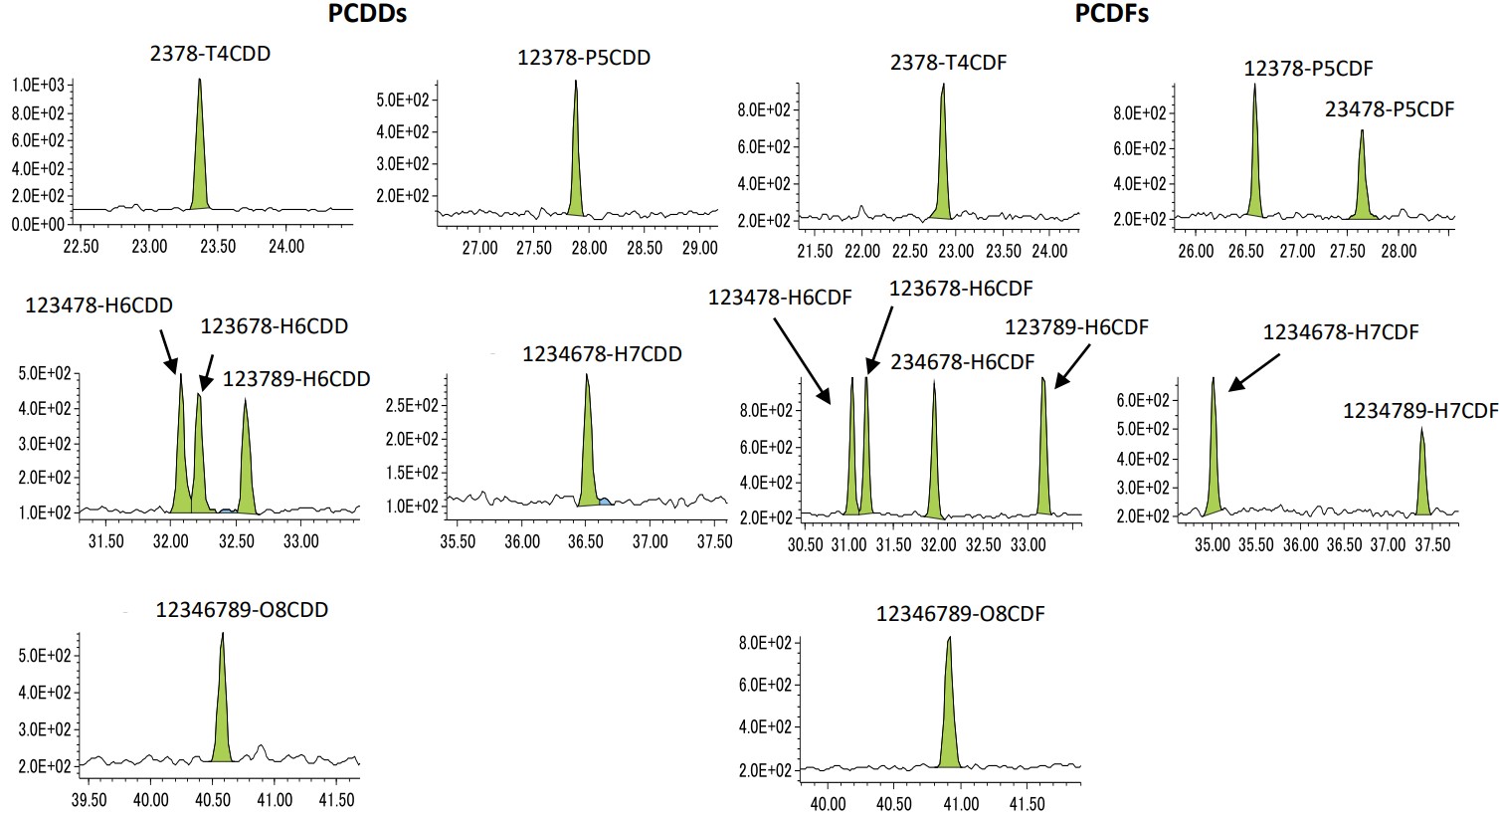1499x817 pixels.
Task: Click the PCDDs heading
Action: (x=367, y=14)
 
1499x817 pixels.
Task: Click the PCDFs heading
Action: (x=1112, y=14)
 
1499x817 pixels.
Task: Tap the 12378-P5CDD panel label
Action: (x=584, y=58)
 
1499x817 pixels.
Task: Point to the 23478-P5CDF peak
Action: (x=1362, y=184)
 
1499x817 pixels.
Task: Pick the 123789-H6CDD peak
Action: (x=245, y=468)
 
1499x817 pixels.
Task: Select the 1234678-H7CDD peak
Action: (x=588, y=458)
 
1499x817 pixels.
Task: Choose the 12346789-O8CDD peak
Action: (x=222, y=716)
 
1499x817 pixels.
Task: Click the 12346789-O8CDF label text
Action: (x=960, y=614)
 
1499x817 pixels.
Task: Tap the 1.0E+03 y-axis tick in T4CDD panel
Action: (x=38, y=86)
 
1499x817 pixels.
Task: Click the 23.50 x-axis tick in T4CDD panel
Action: (x=218, y=246)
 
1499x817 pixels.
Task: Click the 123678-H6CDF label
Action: (x=960, y=289)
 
